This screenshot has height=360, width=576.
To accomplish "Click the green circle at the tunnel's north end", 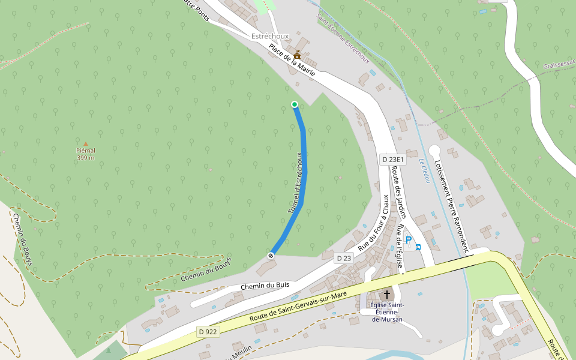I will coord(295,104).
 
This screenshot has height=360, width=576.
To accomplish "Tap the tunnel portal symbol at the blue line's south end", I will coord(271,256).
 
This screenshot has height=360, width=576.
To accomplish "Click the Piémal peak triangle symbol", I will coord(85,144).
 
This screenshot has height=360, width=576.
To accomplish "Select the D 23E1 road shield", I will coord(394,160).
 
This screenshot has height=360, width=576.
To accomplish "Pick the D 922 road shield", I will coord(208,331).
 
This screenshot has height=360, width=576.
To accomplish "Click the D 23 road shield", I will coord(344,258).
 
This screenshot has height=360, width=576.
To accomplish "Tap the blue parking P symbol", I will coord(409,241).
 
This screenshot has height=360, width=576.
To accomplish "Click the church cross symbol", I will coord(387,295).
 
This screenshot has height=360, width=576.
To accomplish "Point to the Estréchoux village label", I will coord(270,36).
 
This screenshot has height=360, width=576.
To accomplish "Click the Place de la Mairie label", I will coord(292,60).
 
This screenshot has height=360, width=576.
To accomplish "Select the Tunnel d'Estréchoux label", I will coord(294,183).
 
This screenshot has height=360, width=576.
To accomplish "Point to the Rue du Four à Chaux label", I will coord(373,223).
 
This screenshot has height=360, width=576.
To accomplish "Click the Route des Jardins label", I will coord(399,192).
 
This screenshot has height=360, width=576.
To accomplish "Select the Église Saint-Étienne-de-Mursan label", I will coord(387,312).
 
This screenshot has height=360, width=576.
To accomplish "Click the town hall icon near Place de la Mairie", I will coord(297,55).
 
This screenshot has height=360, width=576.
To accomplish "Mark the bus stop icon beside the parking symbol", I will coord(418,247).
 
